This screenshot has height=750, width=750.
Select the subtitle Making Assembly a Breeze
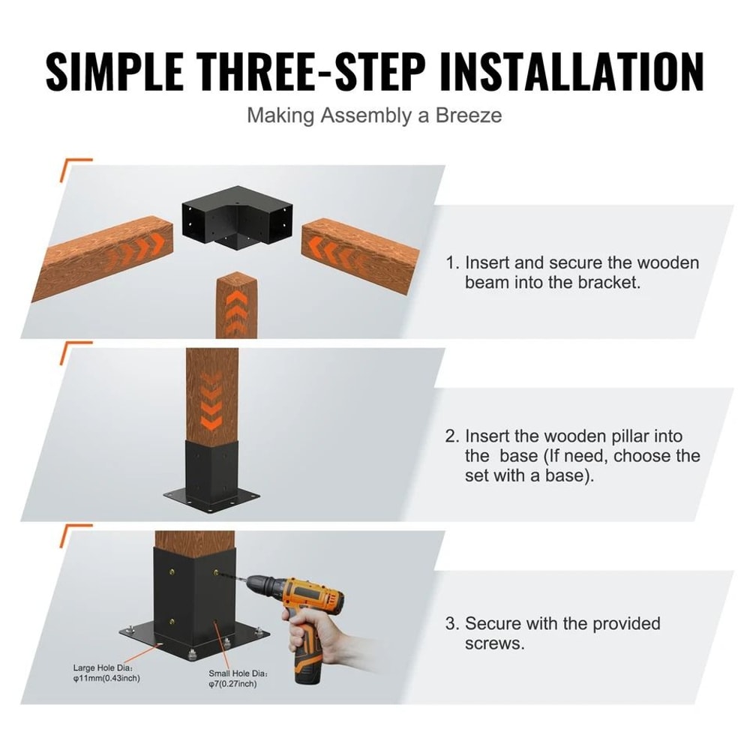pos(374,115)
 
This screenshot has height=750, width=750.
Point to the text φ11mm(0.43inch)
pos(106,678)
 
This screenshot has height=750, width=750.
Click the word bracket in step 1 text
pos(615,283)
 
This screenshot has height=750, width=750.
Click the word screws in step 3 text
pos(493,644)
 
